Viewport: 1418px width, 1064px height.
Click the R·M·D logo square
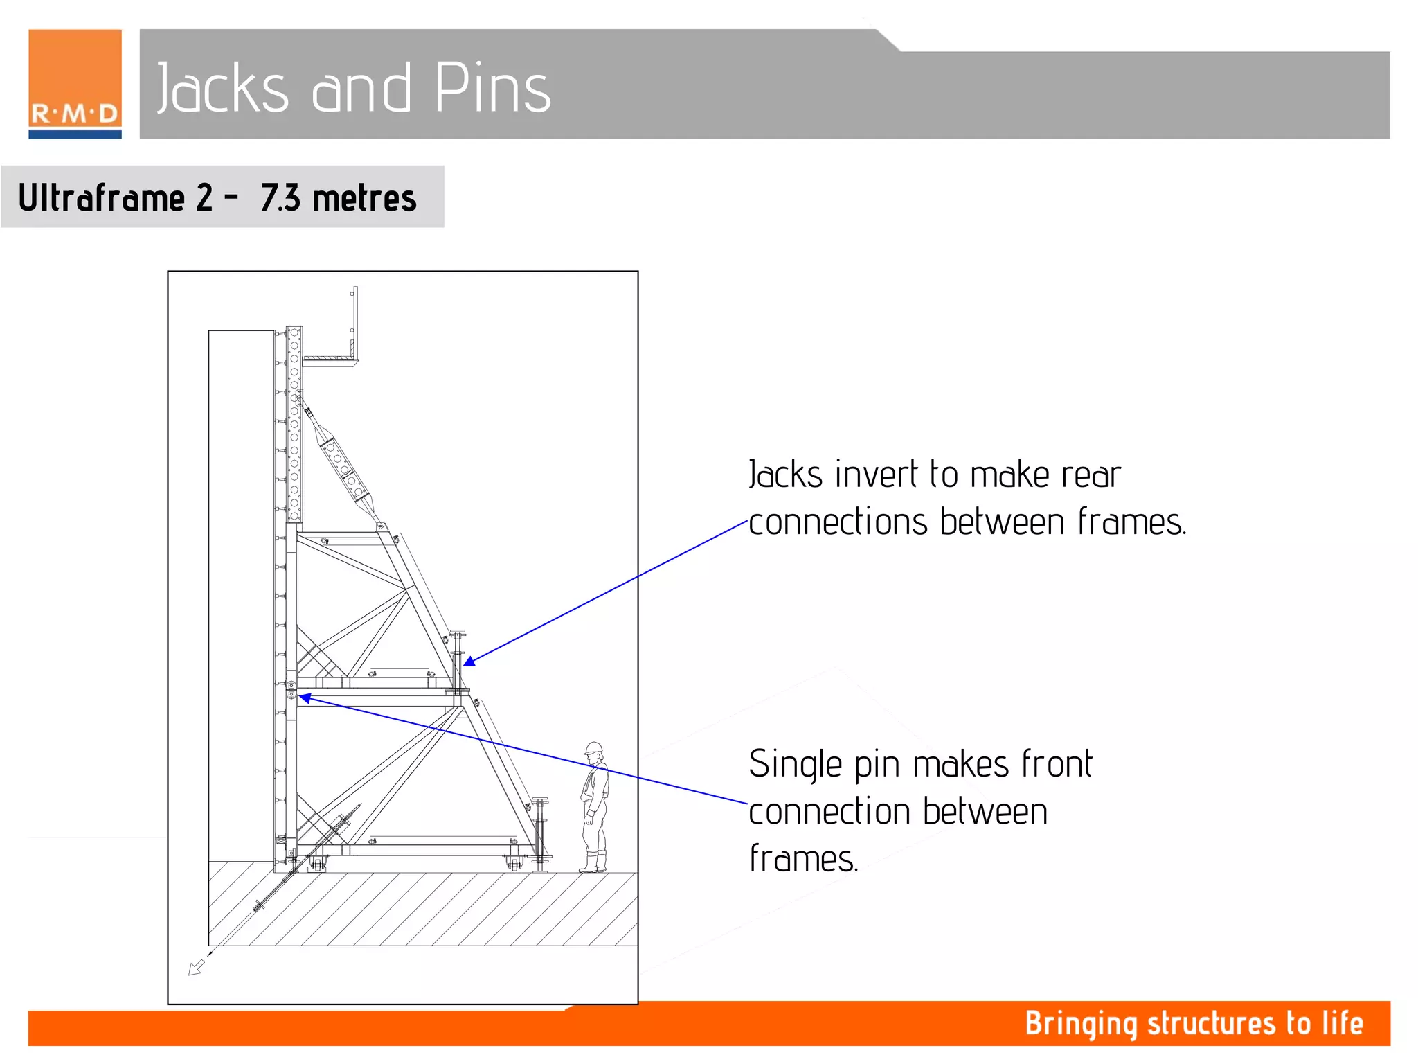tap(75, 84)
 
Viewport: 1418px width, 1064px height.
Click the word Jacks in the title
tap(222, 88)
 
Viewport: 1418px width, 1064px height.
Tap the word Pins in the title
tap(492, 88)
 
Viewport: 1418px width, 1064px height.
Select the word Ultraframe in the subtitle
tap(102, 198)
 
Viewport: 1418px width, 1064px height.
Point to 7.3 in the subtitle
tap(280, 198)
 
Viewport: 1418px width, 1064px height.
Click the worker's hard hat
tap(593, 748)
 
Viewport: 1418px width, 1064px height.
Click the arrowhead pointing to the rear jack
tap(469, 662)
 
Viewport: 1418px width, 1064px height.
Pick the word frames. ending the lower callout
tap(803, 859)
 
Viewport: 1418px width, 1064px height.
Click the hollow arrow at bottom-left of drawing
tap(196, 967)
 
